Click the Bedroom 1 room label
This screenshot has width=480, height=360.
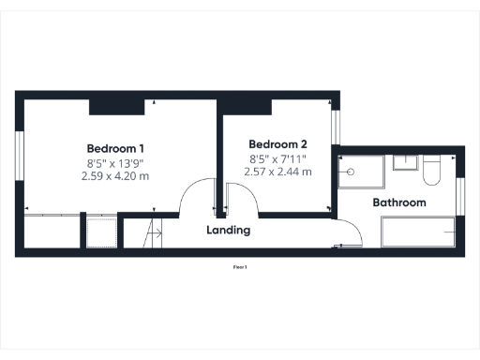point(115,148)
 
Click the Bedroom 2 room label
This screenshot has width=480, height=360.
point(277,144)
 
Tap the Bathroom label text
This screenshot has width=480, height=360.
point(399,202)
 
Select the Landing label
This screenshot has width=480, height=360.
point(228,230)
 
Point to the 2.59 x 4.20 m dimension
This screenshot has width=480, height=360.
point(115,175)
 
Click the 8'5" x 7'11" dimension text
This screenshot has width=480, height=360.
point(277,158)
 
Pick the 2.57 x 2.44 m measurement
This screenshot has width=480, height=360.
point(277,172)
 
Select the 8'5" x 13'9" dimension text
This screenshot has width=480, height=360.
point(115,162)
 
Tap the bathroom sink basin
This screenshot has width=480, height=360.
point(405,163)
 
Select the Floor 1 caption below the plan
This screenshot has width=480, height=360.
point(240,267)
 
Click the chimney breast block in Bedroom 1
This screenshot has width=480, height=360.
point(116,105)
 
